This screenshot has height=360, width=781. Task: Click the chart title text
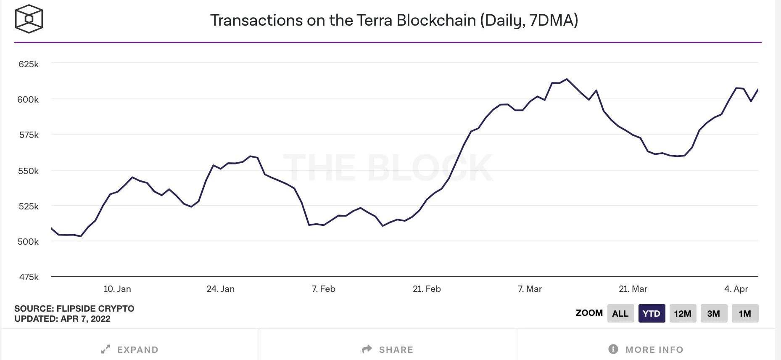tap(394, 20)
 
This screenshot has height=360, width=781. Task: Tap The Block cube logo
tap(29, 19)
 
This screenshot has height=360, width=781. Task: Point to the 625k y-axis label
tap(29, 64)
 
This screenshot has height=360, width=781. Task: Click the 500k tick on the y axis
tap(29, 242)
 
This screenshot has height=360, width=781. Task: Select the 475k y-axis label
tap(29, 277)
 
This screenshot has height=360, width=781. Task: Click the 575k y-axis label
tap(29, 135)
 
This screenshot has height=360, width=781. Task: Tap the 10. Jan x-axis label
tap(117, 289)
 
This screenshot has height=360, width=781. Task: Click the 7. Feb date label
tap(323, 289)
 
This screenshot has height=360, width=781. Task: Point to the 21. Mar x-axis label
tap(633, 289)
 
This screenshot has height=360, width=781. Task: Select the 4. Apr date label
tap(736, 289)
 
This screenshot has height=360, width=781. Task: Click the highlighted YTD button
tap(652, 313)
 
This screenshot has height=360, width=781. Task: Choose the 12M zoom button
tap(683, 313)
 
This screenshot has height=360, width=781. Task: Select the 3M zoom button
tap(714, 313)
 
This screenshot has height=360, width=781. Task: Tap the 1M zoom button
tap(745, 313)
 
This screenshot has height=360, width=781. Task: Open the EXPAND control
tap(130, 349)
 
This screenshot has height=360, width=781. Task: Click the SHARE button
tap(388, 349)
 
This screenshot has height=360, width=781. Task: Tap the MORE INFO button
tap(646, 349)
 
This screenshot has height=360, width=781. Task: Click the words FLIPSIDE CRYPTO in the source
tap(95, 309)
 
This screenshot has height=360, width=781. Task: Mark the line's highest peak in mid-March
tap(567, 79)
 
